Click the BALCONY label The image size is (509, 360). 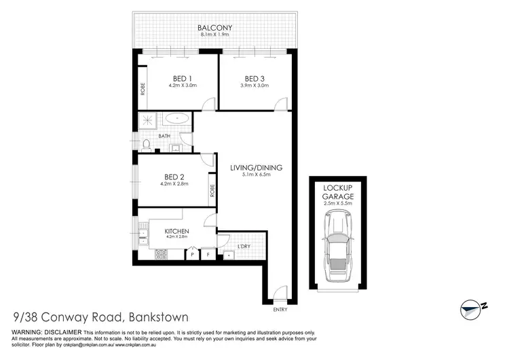212,29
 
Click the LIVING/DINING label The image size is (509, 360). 257,168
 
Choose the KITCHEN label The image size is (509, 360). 176,232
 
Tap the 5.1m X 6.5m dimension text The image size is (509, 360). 257,175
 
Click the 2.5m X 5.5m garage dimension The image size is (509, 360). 338,202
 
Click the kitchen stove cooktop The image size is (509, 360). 162,255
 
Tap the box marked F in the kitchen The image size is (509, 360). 208,255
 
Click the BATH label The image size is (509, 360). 164,136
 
